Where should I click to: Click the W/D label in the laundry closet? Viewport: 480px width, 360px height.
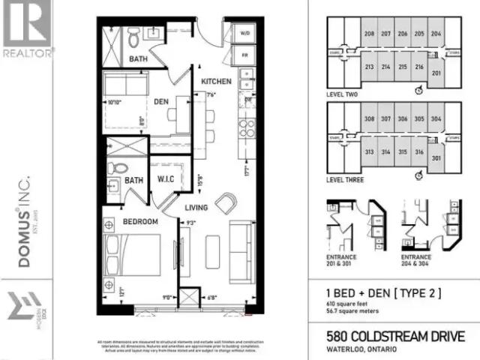click(x=245, y=34)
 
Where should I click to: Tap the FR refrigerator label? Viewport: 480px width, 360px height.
click(x=245, y=55)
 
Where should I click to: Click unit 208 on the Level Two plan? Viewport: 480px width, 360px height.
click(x=369, y=34)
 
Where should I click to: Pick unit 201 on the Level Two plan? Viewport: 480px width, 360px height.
click(x=436, y=73)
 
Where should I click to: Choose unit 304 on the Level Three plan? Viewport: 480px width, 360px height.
click(x=436, y=118)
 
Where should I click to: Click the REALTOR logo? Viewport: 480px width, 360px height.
click(x=28, y=30)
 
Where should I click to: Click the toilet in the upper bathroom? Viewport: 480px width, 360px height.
click(x=132, y=34)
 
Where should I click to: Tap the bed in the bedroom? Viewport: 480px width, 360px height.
click(x=135, y=259)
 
